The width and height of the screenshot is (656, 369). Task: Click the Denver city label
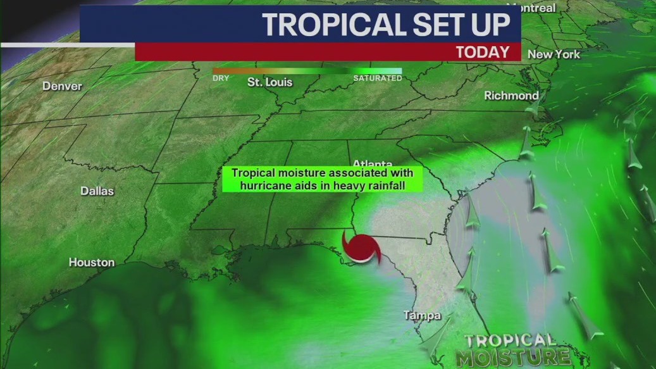point(62,86)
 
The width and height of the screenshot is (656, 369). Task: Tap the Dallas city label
point(97,191)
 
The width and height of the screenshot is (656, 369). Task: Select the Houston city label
point(92,262)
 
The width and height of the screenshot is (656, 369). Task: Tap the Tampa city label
point(423,315)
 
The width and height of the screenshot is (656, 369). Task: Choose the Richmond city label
point(511,96)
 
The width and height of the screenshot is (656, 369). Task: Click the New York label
point(554,54)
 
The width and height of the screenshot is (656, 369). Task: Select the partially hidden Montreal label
point(535,8)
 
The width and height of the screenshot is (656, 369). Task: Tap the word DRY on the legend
point(221,78)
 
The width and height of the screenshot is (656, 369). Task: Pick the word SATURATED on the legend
point(377,78)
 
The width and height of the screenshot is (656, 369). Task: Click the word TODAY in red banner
point(483,52)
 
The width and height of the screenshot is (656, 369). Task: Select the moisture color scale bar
point(307,71)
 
